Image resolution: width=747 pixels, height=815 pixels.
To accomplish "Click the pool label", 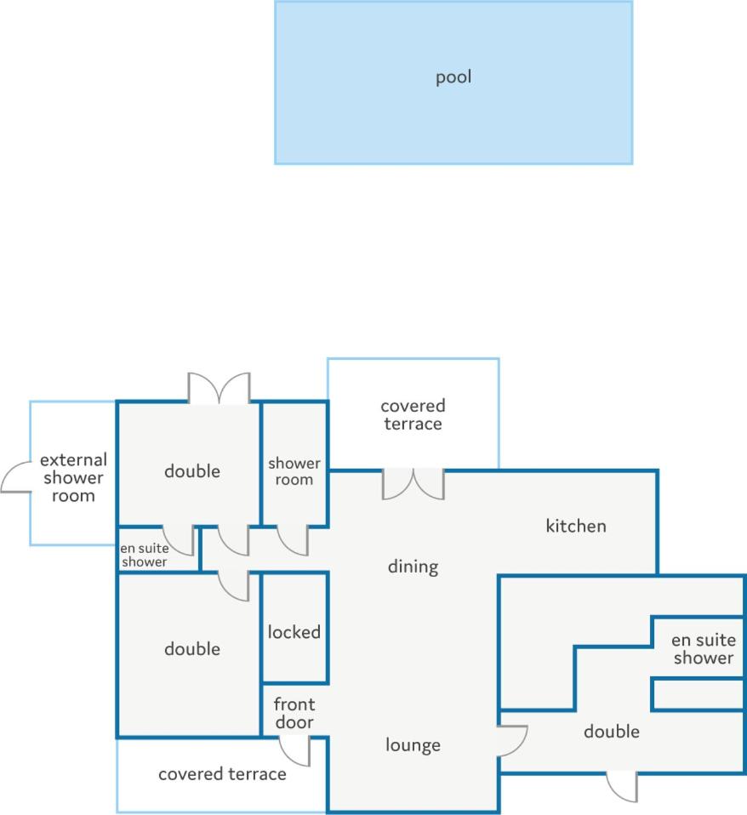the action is click(453, 77).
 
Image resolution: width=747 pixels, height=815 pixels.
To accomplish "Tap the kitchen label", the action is click(576, 526).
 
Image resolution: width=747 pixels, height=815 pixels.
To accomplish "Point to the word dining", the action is click(413, 567).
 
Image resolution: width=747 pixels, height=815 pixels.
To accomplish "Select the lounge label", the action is click(413, 745).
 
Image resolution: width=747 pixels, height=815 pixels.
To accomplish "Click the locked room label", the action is click(294, 632).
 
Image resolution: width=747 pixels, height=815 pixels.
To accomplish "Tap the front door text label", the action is click(294, 713).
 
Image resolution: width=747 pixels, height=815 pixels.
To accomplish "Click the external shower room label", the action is click(73, 477).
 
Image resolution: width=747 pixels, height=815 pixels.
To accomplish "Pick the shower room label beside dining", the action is click(294, 471).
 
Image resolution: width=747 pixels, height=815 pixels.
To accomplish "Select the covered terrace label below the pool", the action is click(413, 415).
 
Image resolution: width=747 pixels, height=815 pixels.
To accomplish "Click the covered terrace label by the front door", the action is click(223, 774).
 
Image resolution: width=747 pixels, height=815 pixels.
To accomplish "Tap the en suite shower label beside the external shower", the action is click(144, 556).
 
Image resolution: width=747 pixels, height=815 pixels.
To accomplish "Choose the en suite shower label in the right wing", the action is click(704, 648).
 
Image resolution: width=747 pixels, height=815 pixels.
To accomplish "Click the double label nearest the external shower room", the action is click(192, 471).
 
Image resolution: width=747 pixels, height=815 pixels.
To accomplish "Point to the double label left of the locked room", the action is click(192, 648).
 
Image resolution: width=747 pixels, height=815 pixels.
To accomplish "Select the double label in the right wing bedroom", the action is click(612, 732).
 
